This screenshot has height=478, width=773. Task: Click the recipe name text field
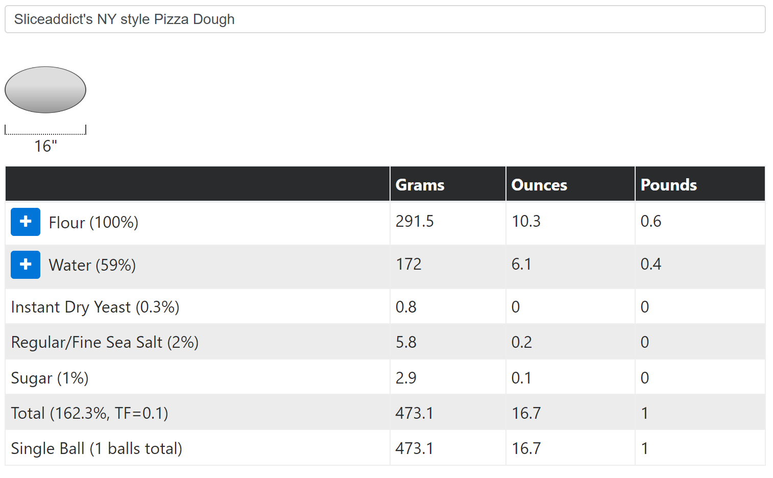click(384, 19)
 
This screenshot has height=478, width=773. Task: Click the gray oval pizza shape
click(45, 90)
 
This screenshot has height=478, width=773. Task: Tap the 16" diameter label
click(45, 146)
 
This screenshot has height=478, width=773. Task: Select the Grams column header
click(420, 185)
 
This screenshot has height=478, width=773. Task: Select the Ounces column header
click(539, 185)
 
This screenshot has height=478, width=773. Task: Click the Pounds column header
click(668, 185)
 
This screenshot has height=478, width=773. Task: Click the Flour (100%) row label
click(93, 223)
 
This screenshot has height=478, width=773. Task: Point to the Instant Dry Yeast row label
click(95, 307)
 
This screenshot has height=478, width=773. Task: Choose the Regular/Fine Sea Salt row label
click(105, 342)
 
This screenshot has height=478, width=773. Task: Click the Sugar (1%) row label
click(50, 378)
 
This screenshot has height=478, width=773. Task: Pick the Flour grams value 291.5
click(415, 222)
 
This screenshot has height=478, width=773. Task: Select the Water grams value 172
click(408, 265)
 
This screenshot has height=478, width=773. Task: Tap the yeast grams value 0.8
click(406, 307)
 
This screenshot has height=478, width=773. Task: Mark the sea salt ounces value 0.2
click(521, 342)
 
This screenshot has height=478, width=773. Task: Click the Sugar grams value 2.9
click(406, 378)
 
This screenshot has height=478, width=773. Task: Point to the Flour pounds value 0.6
click(650, 222)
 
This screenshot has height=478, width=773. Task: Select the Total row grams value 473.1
click(414, 413)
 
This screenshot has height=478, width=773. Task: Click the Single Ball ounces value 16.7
click(526, 448)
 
